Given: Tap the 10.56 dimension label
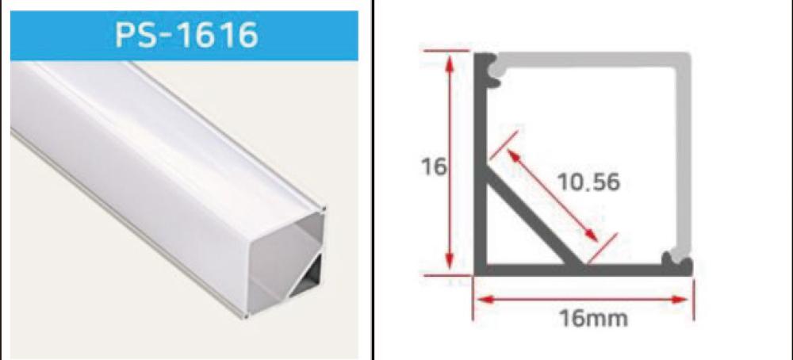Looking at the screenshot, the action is (x=588, y=182).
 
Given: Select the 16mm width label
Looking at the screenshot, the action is (x=593, y=319).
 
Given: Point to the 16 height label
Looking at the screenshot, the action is (x=434, y=167).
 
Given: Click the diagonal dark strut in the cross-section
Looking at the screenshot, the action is (x=534, y=218).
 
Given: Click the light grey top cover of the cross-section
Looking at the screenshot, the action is (x=592, y=59).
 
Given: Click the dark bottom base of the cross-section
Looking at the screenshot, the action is (x=581, y=270).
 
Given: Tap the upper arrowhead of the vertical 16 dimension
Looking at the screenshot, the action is (x=449, y=63).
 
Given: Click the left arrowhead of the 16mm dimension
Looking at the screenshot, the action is (x=485, y=300).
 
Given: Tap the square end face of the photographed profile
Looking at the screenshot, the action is (x=285, y=263).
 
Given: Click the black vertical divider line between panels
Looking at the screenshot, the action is (x=374, y=180).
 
